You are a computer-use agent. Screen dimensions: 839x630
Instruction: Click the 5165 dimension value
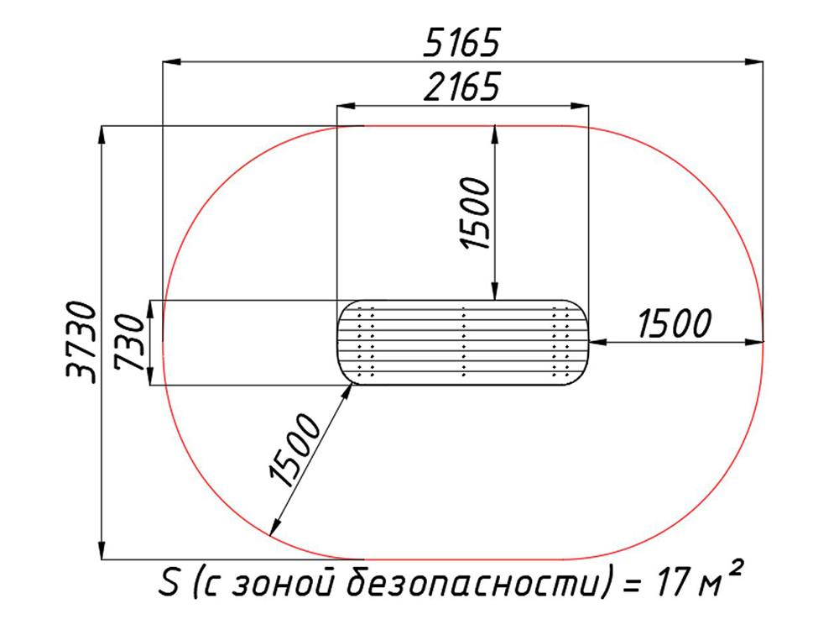[461, 43]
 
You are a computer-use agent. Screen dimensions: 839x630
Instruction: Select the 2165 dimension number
[461, 87]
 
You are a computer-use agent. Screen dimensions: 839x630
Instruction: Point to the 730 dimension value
[129, 343]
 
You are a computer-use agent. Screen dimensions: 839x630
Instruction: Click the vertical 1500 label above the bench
[475, 213]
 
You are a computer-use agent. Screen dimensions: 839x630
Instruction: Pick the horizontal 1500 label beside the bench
[675, 323]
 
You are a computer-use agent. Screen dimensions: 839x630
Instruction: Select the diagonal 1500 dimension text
[294, 450]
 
